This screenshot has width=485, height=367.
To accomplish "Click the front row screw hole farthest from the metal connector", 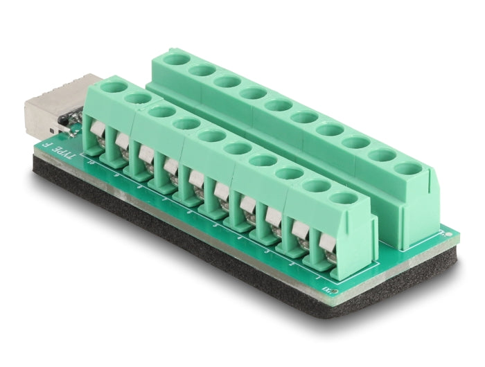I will [x=342, y=198].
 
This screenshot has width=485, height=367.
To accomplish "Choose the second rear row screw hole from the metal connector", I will [x=202, y=70].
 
